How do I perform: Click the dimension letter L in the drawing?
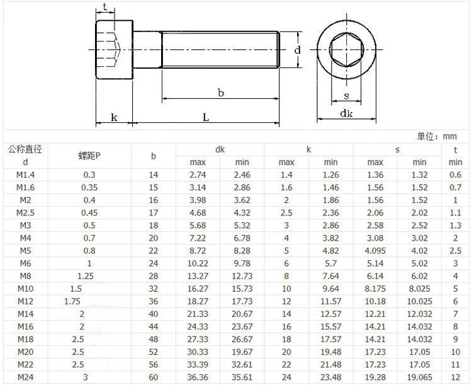[206, 117]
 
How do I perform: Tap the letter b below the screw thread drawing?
[221, 93]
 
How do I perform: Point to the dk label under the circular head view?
[346, 113]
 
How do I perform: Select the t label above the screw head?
[104, 7]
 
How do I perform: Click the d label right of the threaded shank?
[298, 50]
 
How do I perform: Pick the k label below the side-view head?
[114, 117]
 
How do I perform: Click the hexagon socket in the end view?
[346, 49]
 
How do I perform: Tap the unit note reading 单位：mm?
[437, 136]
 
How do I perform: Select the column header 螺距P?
[89, 156]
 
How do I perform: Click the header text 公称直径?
[25, 149]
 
